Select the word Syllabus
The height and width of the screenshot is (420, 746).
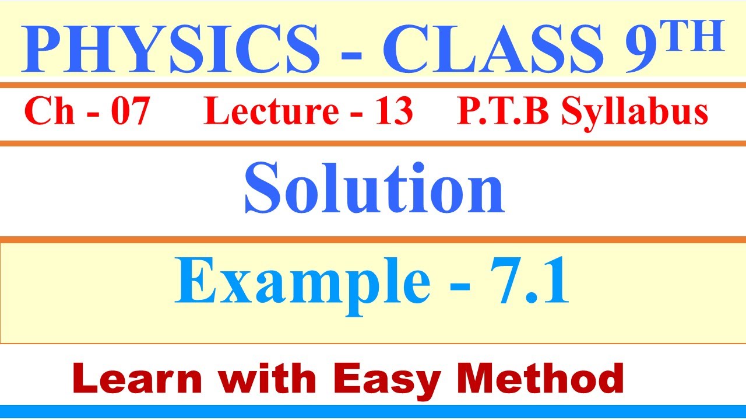(x=635, y=112)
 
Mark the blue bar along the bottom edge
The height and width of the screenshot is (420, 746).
(x=373, y=412)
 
